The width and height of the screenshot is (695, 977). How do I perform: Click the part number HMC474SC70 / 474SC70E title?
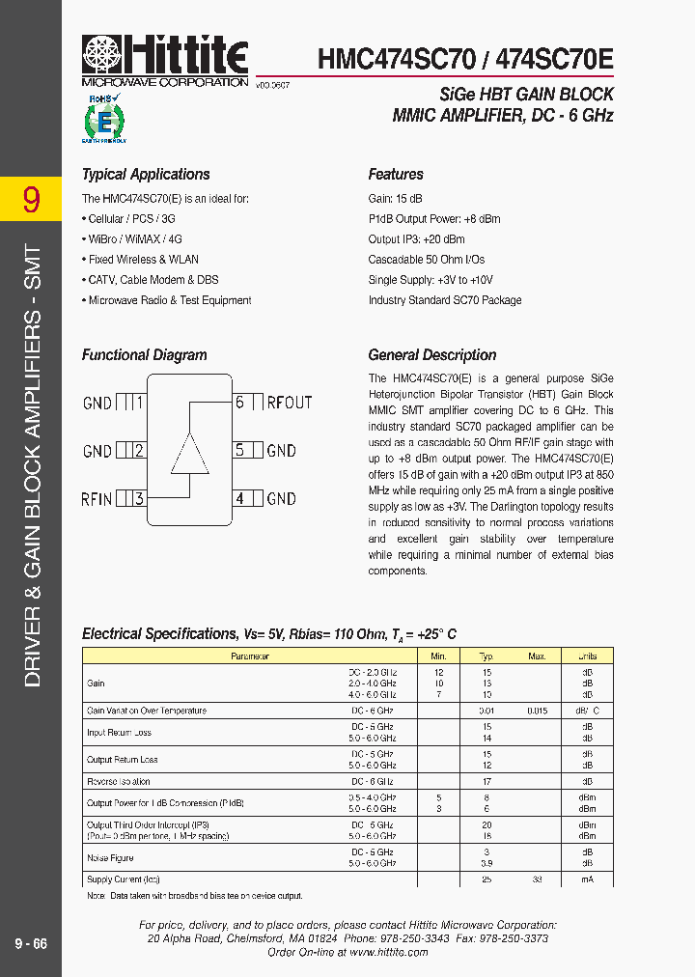(x=465, y=59)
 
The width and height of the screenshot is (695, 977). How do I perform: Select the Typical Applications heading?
(x=146, y=175)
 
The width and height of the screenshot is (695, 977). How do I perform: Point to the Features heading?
(x=396, y=175)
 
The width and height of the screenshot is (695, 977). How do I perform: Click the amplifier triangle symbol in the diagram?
(x=190, y=454)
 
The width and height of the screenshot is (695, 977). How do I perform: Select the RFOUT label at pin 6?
(x=290, y=403)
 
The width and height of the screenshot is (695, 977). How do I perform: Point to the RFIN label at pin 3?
(x=97, y=499)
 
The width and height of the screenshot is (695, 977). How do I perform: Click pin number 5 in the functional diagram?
(x=240, y=450)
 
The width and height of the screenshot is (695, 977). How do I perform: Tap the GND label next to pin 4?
(x=281, y=499)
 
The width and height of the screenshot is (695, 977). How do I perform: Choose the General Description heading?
(x=432, y=355)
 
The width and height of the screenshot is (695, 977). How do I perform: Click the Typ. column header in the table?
(x=486, y=656)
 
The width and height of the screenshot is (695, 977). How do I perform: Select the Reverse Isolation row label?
(x=119, y=782)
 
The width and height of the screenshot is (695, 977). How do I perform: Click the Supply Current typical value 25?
(x=486, y=879)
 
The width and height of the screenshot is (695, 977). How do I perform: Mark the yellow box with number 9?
(x=31, y=199)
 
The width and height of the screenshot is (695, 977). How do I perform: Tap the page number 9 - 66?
(x=31, y=943)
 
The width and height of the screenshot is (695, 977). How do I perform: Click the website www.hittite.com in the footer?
(x=388, y=952)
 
